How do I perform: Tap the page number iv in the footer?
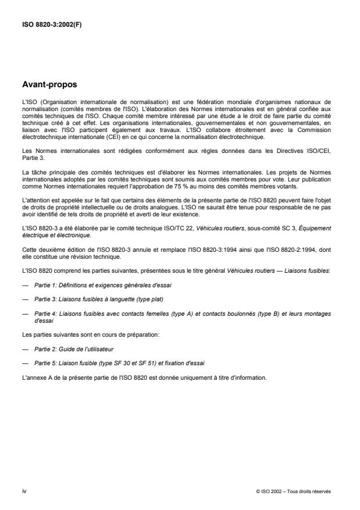24,490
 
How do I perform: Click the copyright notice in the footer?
293,490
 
